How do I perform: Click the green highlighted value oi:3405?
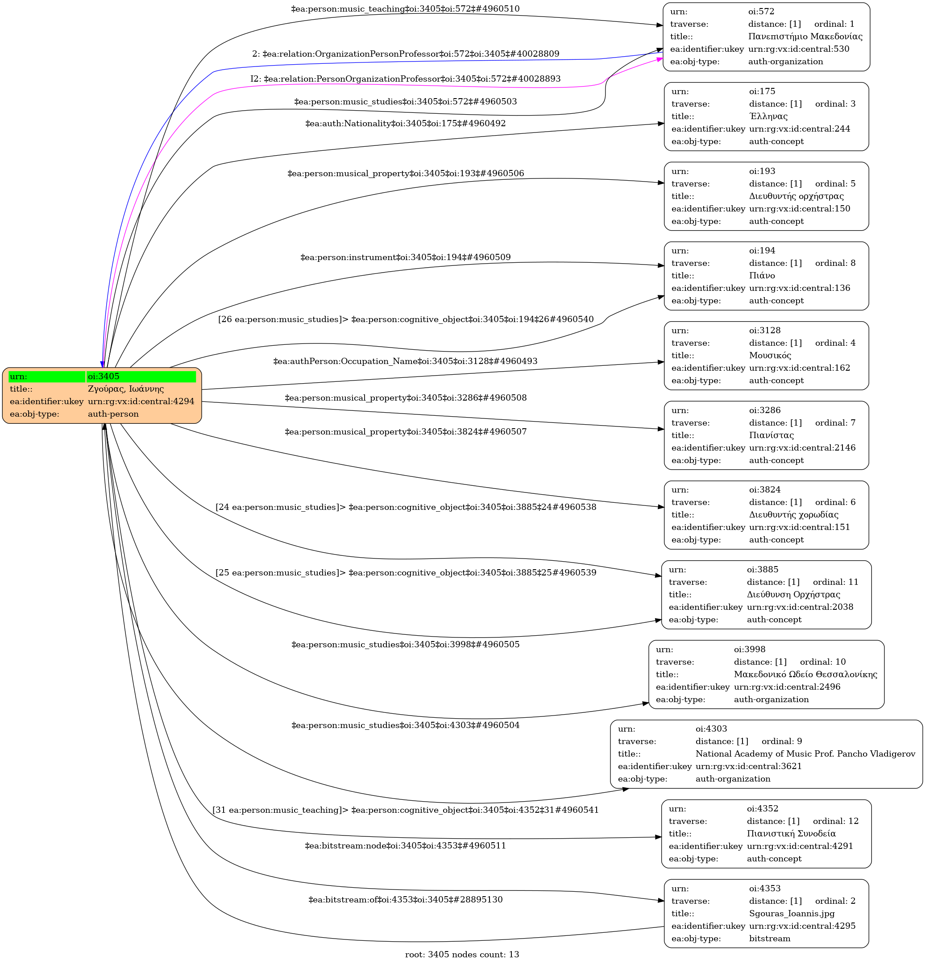pos(104,376)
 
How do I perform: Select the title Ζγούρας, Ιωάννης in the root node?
pos(125,389)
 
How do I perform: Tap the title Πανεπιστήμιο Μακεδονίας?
pos(805,37)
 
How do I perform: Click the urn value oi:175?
pos(762,91)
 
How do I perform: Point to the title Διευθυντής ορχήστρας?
pos(796,196)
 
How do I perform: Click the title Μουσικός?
pos(770,355)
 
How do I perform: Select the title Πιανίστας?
pos(771,435)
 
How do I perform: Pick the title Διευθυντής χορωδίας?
pos(794,514)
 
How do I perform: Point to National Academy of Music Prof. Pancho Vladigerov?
pos(805,753)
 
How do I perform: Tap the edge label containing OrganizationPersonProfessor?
pos(406,54)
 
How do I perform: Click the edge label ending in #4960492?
pos(406,124)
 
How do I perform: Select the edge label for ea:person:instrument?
pos(406,257)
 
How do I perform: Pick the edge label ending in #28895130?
pos(406,900)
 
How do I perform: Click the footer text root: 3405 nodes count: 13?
pos(462,954)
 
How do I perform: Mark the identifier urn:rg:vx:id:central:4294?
pos(141,401)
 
